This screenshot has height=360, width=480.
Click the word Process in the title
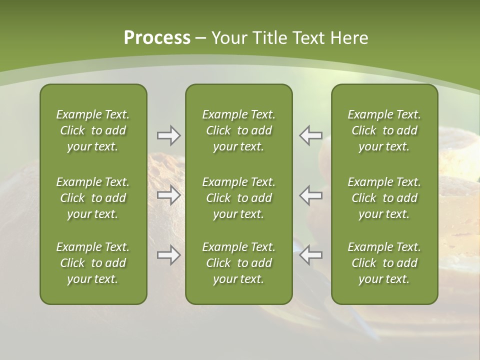coord(157,38)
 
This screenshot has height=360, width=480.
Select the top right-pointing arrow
coord(168,135)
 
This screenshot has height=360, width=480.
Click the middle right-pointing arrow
coord(168,195)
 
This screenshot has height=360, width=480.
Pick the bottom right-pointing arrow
coord(168,255)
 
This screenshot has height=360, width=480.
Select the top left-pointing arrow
coord(310,135)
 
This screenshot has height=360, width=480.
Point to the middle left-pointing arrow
coord(310,195)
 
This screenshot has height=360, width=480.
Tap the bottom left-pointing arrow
coord(310,255)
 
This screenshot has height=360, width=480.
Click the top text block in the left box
coord(93,130)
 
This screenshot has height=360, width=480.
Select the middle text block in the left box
coord(93,198)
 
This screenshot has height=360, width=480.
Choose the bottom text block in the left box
coord(93,263)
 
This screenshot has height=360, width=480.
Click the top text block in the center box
coord(238,130)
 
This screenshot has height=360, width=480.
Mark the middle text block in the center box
coord(238,198)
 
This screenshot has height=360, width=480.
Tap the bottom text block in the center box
coord(238,263)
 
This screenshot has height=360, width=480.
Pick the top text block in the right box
coord(384,130)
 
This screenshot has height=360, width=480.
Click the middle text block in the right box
coord(384,198)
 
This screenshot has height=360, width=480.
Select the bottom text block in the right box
coord(384,263)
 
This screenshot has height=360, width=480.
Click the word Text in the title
coord(309,38)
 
